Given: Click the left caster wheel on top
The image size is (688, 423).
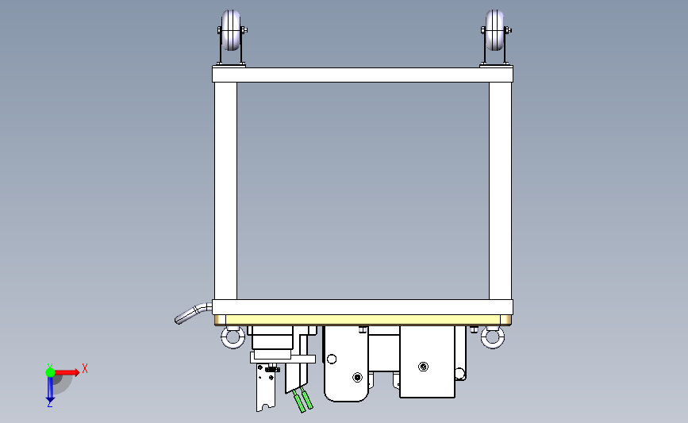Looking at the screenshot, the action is click(231, 30).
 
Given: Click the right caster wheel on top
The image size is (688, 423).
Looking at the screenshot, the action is click(495, 30).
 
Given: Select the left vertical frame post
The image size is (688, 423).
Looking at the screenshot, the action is click(225, 191).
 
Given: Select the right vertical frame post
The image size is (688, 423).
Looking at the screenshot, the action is click(500, 191).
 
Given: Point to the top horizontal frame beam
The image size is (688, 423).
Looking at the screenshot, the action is click(363, 75).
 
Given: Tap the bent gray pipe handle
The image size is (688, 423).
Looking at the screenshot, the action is click(193, 313).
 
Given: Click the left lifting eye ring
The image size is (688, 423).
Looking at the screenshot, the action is click(233, 337).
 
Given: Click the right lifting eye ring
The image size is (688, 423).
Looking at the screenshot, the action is click(493, 337).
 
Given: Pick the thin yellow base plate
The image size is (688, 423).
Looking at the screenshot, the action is click(363, 320).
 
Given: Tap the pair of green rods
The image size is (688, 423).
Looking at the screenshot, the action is click(303, 399).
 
